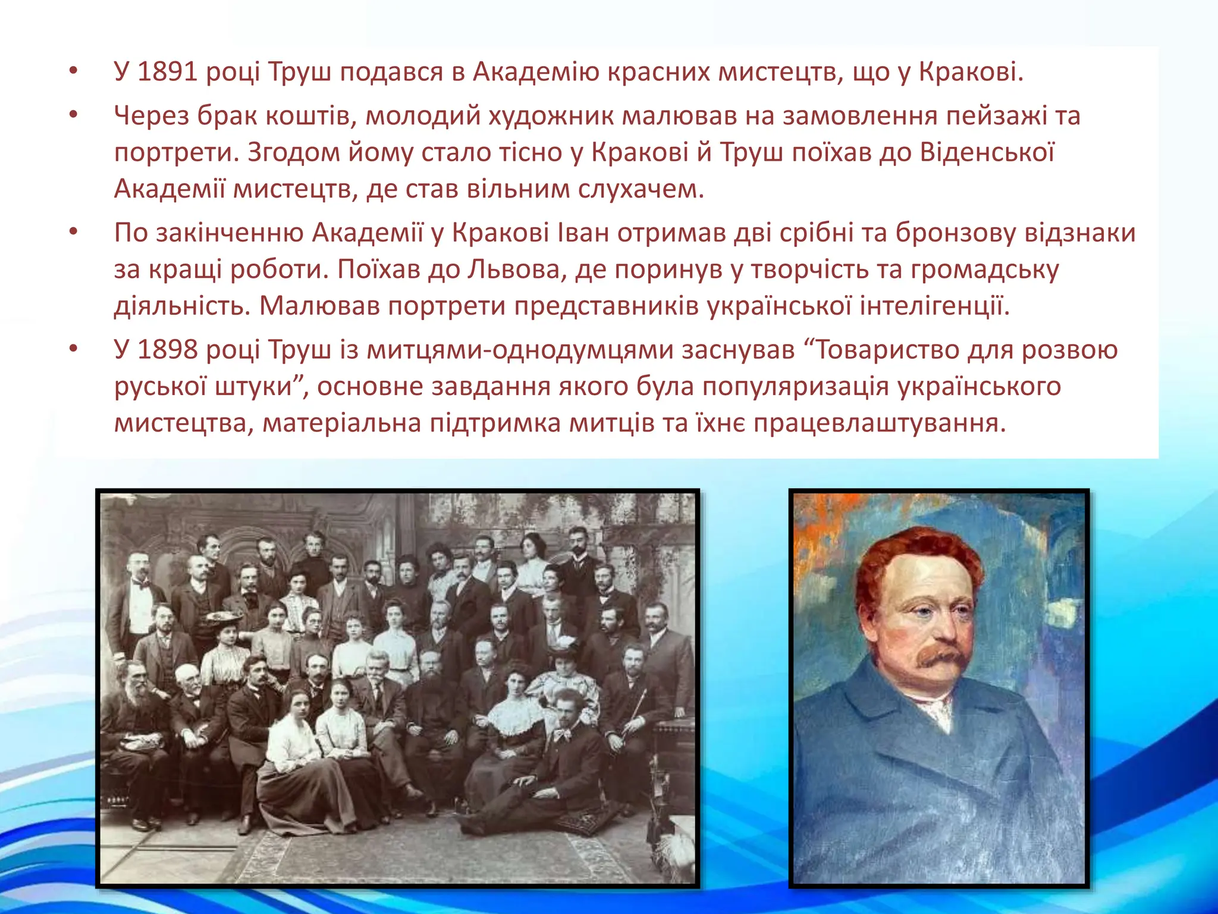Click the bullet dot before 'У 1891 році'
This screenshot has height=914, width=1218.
pos(73,73)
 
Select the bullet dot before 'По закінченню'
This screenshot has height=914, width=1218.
pos(73,233)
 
